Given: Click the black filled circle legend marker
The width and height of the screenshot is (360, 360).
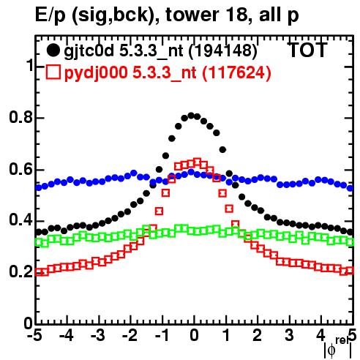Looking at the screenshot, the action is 53,50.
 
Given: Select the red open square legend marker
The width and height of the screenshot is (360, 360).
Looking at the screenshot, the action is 53,72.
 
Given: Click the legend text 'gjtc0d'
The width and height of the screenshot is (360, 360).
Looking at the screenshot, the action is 89,51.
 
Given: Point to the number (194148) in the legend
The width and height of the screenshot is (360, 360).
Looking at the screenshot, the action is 222,51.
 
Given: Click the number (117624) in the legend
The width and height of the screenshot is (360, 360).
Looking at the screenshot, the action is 236,72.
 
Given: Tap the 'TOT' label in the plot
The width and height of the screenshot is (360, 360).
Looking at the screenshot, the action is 307,50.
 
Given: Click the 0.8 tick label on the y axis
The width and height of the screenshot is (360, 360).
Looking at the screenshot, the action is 21,118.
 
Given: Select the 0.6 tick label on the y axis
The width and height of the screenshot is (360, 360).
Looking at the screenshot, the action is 21,169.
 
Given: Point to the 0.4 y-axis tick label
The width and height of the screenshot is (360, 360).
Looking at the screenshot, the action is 21,220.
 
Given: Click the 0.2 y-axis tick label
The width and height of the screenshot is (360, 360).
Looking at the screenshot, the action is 21,271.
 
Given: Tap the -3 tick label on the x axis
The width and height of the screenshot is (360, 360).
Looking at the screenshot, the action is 98,336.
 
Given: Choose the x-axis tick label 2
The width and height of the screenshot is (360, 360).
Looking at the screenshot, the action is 258,336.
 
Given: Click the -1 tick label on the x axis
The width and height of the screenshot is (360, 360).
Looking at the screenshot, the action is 162,336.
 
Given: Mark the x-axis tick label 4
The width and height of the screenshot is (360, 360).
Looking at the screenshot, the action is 320,336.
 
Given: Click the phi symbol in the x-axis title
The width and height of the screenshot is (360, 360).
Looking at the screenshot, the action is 331,350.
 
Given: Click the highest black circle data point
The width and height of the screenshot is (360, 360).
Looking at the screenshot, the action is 191,116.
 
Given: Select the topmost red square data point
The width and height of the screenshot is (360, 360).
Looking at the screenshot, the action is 197,162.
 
